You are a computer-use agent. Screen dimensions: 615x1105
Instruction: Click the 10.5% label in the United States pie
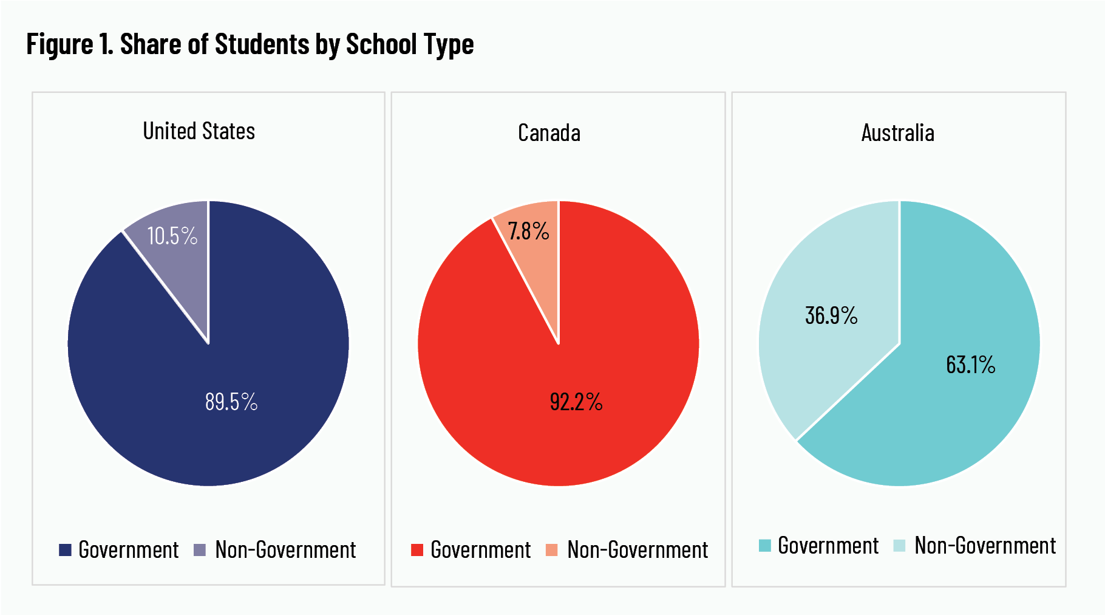[172, 236]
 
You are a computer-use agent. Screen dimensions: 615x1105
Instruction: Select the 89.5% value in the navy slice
[231, 402]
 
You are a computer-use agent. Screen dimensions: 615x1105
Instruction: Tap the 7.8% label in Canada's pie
[528, 232]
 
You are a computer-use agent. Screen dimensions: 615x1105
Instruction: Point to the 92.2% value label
[576, 402]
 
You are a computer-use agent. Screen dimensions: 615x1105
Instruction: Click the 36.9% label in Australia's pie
[831, 316]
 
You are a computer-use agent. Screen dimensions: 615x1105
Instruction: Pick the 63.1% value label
[971, 365]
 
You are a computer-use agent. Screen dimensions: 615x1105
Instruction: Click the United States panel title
[199, 131]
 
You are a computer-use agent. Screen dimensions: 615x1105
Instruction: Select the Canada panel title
[549, 133]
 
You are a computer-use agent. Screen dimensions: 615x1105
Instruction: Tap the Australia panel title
[897, 133]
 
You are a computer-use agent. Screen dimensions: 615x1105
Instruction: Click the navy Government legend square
[65, 550]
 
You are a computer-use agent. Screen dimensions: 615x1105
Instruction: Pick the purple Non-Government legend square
[200, 550]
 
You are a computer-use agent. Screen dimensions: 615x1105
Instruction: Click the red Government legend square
[417, 550]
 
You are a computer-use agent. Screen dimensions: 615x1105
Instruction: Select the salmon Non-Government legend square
[552, 550]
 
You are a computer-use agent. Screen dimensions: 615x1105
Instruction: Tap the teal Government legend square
[765, 546]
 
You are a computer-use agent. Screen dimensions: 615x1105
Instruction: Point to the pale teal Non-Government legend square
[899, 546]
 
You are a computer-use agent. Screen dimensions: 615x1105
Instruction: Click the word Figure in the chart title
[59, 45]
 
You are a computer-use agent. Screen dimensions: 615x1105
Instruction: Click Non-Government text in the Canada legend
[637, 550]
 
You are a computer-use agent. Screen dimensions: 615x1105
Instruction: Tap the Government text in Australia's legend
[828, 546]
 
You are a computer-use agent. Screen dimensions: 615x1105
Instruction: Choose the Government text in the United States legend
[129, 550]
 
